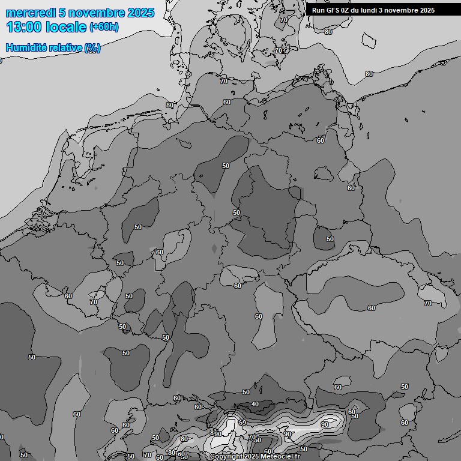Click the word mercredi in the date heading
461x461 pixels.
coord(31,13)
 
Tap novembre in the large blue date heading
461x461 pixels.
coord(96,13)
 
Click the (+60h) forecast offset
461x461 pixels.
coord(103,27)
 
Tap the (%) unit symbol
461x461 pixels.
coord(92,48)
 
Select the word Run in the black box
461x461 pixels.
coord(319,10)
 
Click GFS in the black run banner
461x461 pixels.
coord(334,10)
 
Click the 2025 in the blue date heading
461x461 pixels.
coord(140,13)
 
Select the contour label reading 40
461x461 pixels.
coord(255,404)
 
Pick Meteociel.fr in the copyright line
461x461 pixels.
coord(280,457)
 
